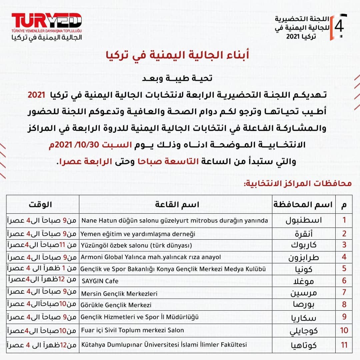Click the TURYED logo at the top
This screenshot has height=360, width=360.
pyautogui.click(x=47, y=20)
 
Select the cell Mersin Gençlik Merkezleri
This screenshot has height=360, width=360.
pyautogui.click(x=119, y=294)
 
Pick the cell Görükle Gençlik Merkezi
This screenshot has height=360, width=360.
pyautogui.click(x=116, y=305)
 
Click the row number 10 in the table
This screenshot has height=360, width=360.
pyautogui.click(x=344, y=330)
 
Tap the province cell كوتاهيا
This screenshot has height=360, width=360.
pyautogui.click(x=303, y=344)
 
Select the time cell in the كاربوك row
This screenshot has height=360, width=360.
pyautogui.click(x=42, y=246)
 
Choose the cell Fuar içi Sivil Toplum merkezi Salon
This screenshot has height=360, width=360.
pyautogui.click(x=133, y=330)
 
